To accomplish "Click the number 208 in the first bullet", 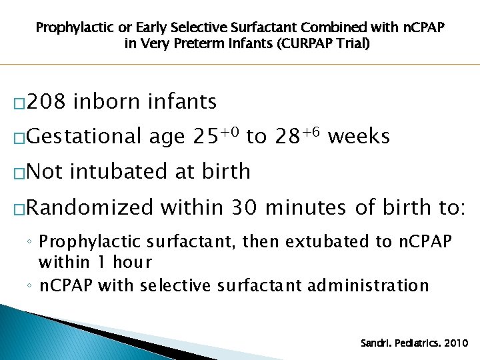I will click(x=47, y=102).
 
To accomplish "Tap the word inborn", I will click(x=108, y=102).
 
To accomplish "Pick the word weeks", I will click(x=359, y=137).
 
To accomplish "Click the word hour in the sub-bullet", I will click(x=133, y=262).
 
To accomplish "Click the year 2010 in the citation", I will click(x=455, y=343).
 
